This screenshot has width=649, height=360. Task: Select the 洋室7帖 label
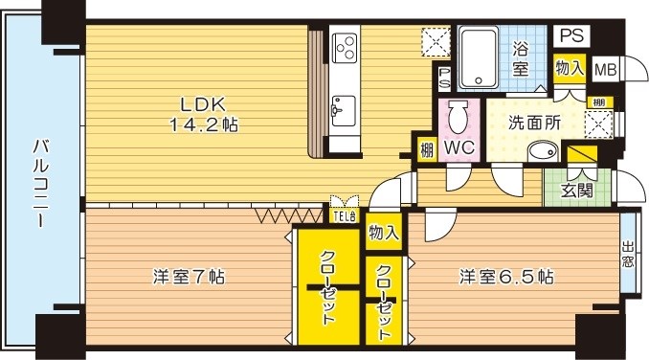pos(189,278)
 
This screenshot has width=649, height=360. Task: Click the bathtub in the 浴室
pos(480,57)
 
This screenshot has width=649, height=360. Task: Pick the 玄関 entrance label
pos(576,190)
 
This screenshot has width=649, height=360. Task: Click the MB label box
pos(605,69)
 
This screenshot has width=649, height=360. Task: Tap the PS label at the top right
pos(571,35)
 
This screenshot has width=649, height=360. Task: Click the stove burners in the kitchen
pos(345,46)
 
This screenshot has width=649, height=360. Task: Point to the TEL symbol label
pos(345,215)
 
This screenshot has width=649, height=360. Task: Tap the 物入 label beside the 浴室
pos(570,68)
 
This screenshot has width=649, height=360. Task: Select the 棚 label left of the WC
pos(424,150)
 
